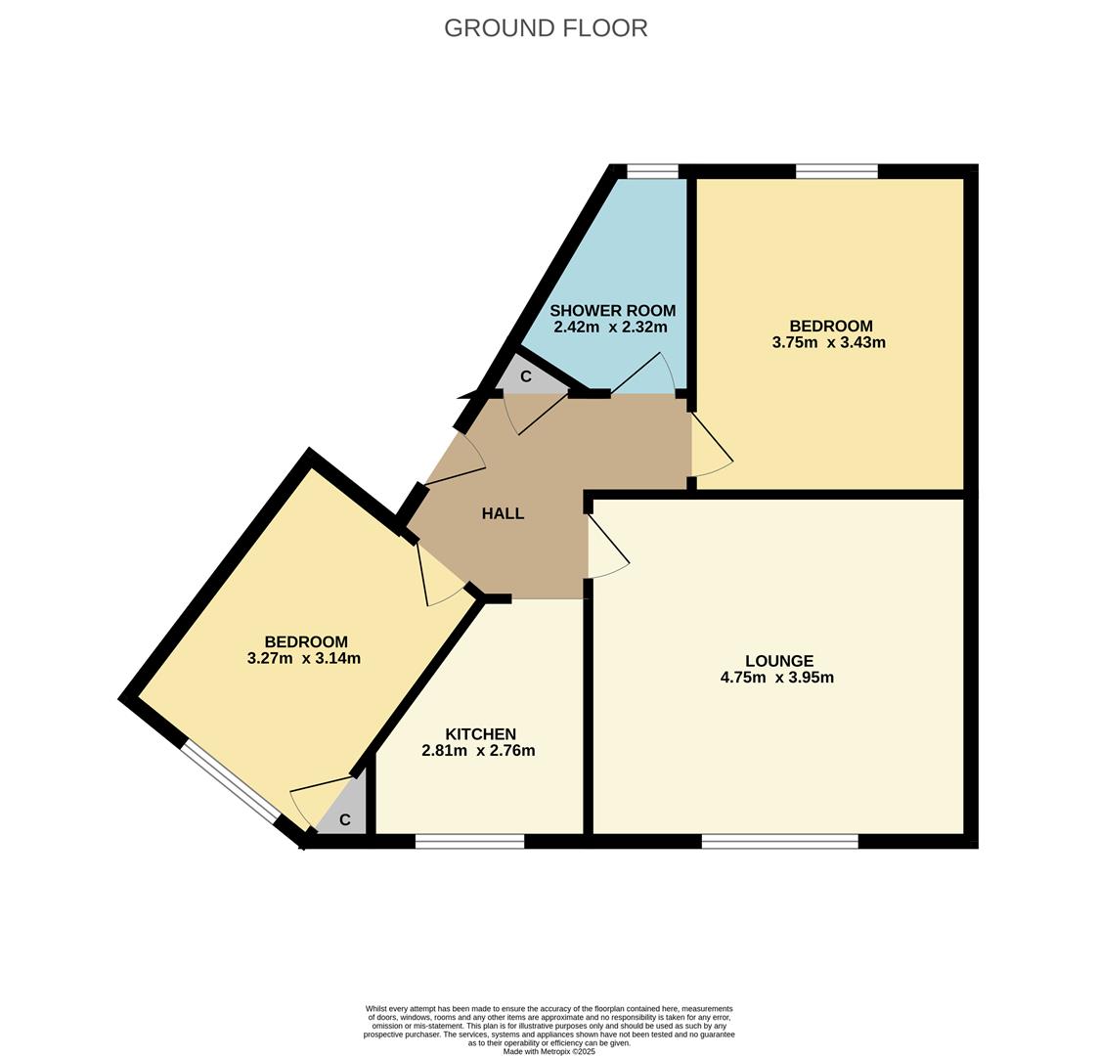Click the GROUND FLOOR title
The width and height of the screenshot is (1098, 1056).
(546, 28)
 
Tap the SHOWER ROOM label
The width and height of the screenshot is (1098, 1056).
(612, 311)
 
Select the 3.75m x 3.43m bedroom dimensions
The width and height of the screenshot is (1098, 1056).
(828, 343)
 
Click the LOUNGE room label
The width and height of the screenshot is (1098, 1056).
(778, 661)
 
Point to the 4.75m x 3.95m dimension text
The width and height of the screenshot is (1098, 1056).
(776, 678)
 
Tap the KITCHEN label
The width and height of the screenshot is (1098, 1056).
(480, 734)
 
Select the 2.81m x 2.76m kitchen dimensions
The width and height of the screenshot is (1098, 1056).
(478, 751)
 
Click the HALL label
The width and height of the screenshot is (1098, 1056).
(503, 513)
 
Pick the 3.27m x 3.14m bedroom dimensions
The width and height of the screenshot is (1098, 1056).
(304, 659)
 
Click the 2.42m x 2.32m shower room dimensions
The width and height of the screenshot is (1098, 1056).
(610, 328)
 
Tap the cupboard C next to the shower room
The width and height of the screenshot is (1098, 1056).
(525, 376)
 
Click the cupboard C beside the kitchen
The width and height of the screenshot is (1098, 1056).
(344, 820)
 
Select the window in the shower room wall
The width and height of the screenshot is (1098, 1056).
(652, 172)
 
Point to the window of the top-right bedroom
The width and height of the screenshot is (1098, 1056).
(836, 172)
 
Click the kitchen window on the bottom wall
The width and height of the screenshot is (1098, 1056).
(469, 841)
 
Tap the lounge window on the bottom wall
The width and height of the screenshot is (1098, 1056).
(779, 841)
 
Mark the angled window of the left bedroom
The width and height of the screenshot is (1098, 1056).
(231, 781)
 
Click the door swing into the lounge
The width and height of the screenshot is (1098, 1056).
(606, 548)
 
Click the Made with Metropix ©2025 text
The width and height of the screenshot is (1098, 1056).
(549, 1051)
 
